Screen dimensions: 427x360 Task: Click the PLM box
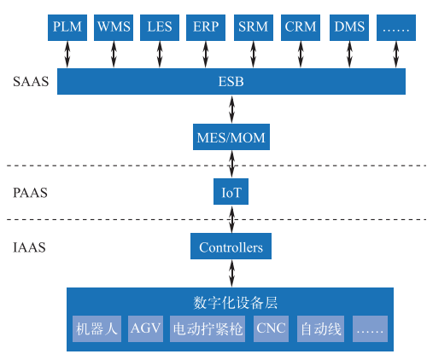click(67, 27)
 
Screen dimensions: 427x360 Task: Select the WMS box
click(114, 27)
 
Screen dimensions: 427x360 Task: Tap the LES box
click(160, 27)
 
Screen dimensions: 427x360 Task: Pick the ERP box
click(206, 27)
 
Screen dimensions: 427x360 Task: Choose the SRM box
click(254, 27)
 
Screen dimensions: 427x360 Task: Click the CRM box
click(301, 27)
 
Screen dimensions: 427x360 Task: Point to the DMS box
click(349, 27)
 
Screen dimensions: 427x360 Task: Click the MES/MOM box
click(231, 137)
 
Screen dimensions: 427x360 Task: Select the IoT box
click(231, 192)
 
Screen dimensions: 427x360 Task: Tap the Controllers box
click(231, 247)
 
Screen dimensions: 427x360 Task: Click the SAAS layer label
click(31, 82)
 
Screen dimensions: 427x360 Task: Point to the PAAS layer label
click(30, 193)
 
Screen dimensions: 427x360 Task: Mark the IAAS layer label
click(29, 247)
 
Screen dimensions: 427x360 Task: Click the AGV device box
click(145, 328)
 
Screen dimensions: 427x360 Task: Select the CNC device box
click(271, 328)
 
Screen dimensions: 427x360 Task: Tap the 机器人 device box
click(97, 328)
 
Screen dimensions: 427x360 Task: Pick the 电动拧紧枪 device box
click(208, 328)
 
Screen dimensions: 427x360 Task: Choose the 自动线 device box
click(320, 328)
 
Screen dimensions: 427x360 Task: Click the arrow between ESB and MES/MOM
click(232, 109)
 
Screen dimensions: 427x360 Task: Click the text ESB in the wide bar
click(231, 82)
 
